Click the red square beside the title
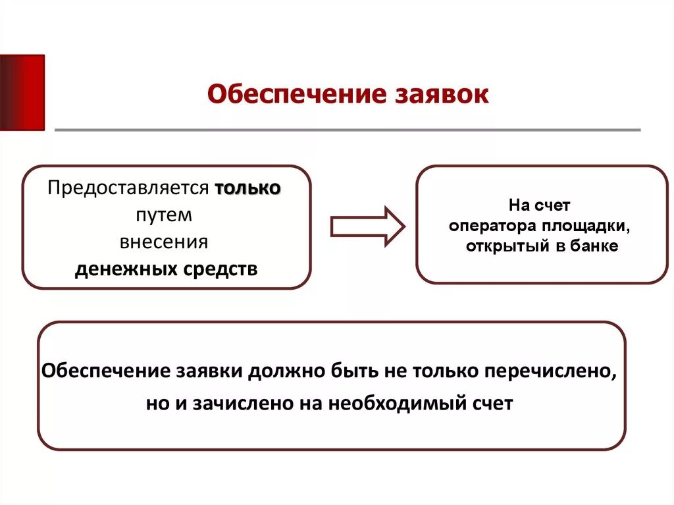22,92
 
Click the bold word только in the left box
247,188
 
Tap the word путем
165,215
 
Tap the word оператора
491,226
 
